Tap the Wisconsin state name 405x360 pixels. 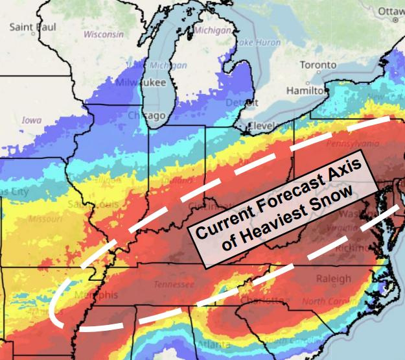point(103,34)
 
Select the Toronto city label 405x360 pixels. point(318,66)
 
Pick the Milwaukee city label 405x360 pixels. point(141,82)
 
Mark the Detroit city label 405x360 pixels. point(241,103)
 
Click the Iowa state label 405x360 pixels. point(31,120)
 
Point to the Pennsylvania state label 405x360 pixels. point(353,143)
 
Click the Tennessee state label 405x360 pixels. point(174,285)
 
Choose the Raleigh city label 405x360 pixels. point(334,278)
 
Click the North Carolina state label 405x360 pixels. point(332,302)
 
